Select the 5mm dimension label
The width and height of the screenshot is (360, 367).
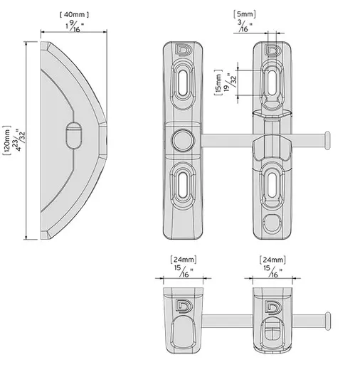[244, 14]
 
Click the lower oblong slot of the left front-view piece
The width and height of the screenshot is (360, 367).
[182, 186]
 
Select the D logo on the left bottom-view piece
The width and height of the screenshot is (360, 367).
[181, 307]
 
